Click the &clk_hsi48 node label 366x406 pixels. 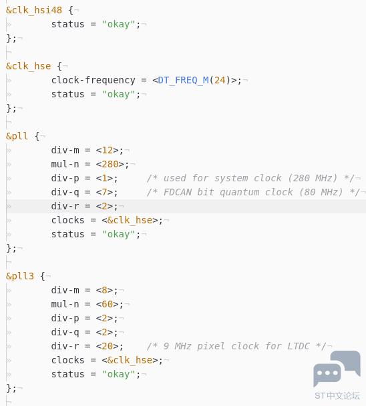(34, 11)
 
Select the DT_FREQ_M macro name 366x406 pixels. (183, 80)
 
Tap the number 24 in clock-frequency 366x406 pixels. (220, 80)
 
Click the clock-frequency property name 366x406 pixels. (93, 80)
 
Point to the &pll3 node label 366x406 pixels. (20, 276)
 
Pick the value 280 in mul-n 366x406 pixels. (110, 164)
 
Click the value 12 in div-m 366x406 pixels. (108, 150)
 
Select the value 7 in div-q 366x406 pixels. (105, 192)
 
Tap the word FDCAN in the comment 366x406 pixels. (178, 192)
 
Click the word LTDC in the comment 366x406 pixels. (299, 346)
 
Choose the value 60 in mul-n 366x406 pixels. (108, 304)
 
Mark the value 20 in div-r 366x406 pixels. (108, 346)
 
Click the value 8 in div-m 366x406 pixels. (105, 290)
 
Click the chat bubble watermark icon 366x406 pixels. (337, 369)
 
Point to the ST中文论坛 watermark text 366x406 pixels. (337, 396)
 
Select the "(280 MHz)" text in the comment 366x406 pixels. (313, 178)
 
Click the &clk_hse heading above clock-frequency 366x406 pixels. (28, 66)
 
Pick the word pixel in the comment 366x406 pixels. (211, 346)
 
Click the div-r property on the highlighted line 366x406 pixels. (65, 206)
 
